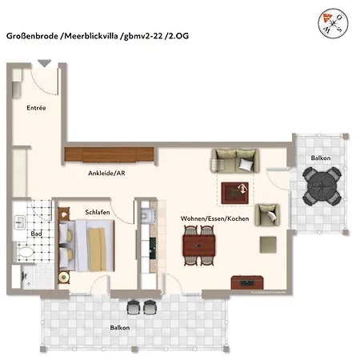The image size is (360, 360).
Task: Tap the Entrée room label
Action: point(36,107)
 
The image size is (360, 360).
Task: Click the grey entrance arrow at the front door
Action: point(44,63)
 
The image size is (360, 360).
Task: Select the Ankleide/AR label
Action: point(106,174)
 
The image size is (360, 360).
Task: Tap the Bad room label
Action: point(36,234)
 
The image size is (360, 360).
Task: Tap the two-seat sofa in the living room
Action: point(235,161)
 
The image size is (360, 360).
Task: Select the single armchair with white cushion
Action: point(270,214)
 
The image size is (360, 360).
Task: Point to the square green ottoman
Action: point(264,243)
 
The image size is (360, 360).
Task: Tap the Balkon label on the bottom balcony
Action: point(120,327)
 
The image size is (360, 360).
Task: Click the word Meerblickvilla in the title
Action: point(94,36)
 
